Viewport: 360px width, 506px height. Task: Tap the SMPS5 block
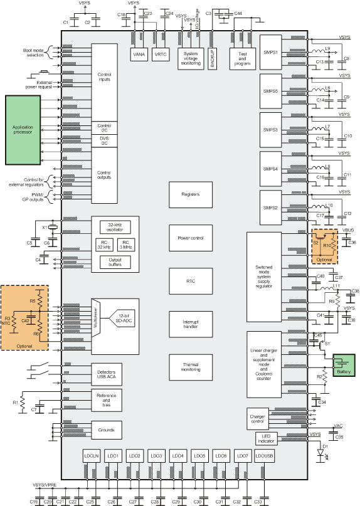point(272,92)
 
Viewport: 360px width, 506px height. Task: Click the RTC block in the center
point(191,282)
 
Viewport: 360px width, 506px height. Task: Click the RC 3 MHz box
point(127,245)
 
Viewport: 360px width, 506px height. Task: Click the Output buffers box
point(114,263)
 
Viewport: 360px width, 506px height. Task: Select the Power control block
point(191,238)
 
